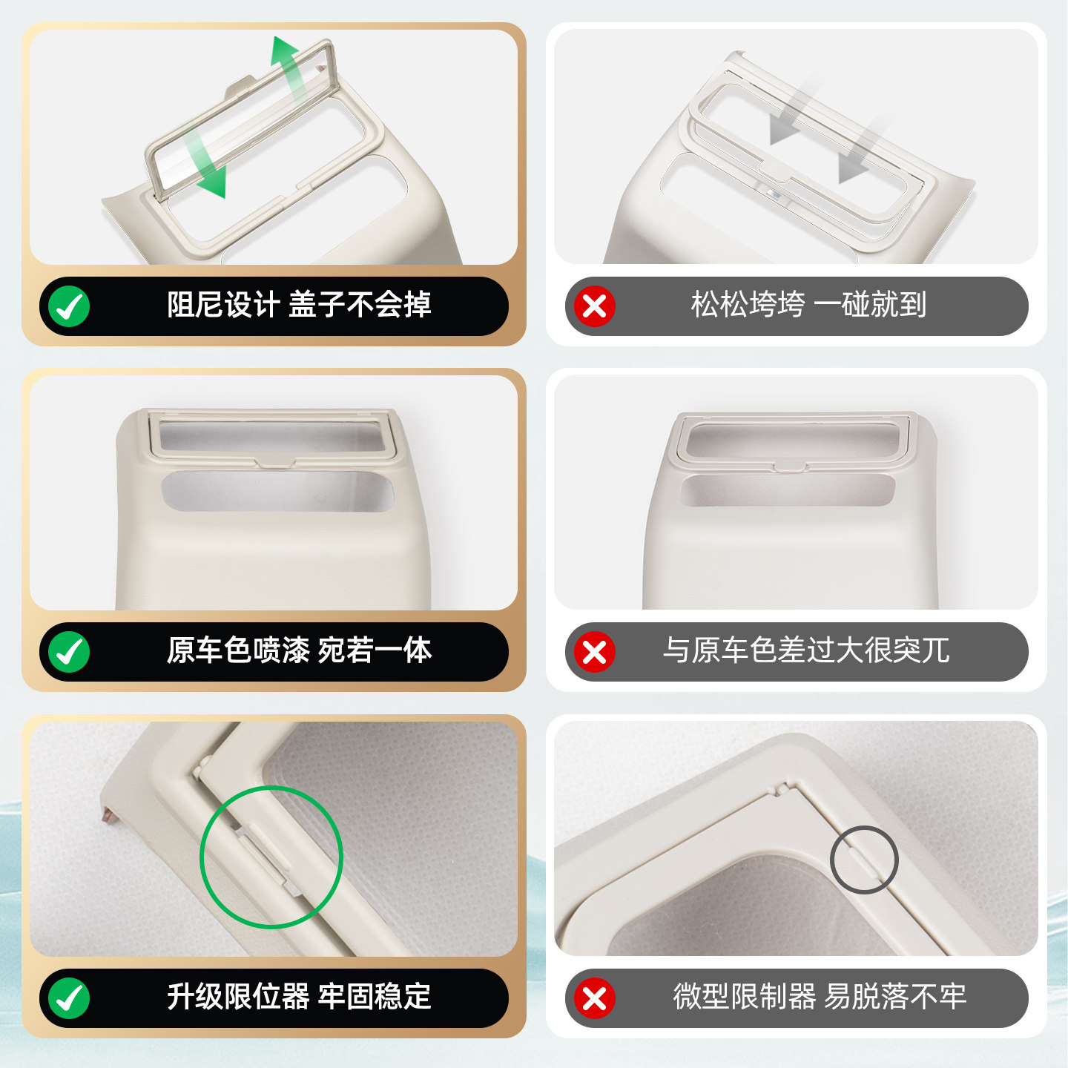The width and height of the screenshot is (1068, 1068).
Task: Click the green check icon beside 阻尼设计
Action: [x=69, y=306]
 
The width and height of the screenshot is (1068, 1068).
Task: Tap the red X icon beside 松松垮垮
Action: [x=594, y=306]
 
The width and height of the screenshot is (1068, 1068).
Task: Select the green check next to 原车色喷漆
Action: [x=69, y=652]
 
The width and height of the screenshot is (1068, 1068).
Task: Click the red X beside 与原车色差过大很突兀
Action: [x=594, y=652]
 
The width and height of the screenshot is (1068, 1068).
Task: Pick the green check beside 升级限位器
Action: [x=69, y=998]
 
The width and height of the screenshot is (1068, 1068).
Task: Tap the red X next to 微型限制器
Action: [x=594, y=998]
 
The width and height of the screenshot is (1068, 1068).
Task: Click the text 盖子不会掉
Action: [x=360, y=305]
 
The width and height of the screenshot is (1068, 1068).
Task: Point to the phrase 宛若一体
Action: [x=375, y=650]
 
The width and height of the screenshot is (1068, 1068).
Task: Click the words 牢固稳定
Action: [x=375, y=997]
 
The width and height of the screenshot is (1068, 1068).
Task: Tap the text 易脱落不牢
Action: [x=895, y=997]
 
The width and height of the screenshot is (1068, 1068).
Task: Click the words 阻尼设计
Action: [x=222, y=305]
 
